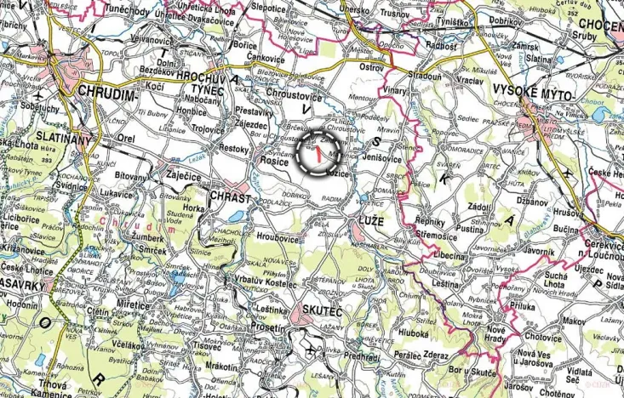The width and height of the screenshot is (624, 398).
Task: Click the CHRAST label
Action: (x=230, y=197)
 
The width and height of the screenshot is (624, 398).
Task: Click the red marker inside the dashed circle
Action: (x=318, y=154)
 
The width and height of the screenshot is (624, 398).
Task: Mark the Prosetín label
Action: (x=267, y=327)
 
